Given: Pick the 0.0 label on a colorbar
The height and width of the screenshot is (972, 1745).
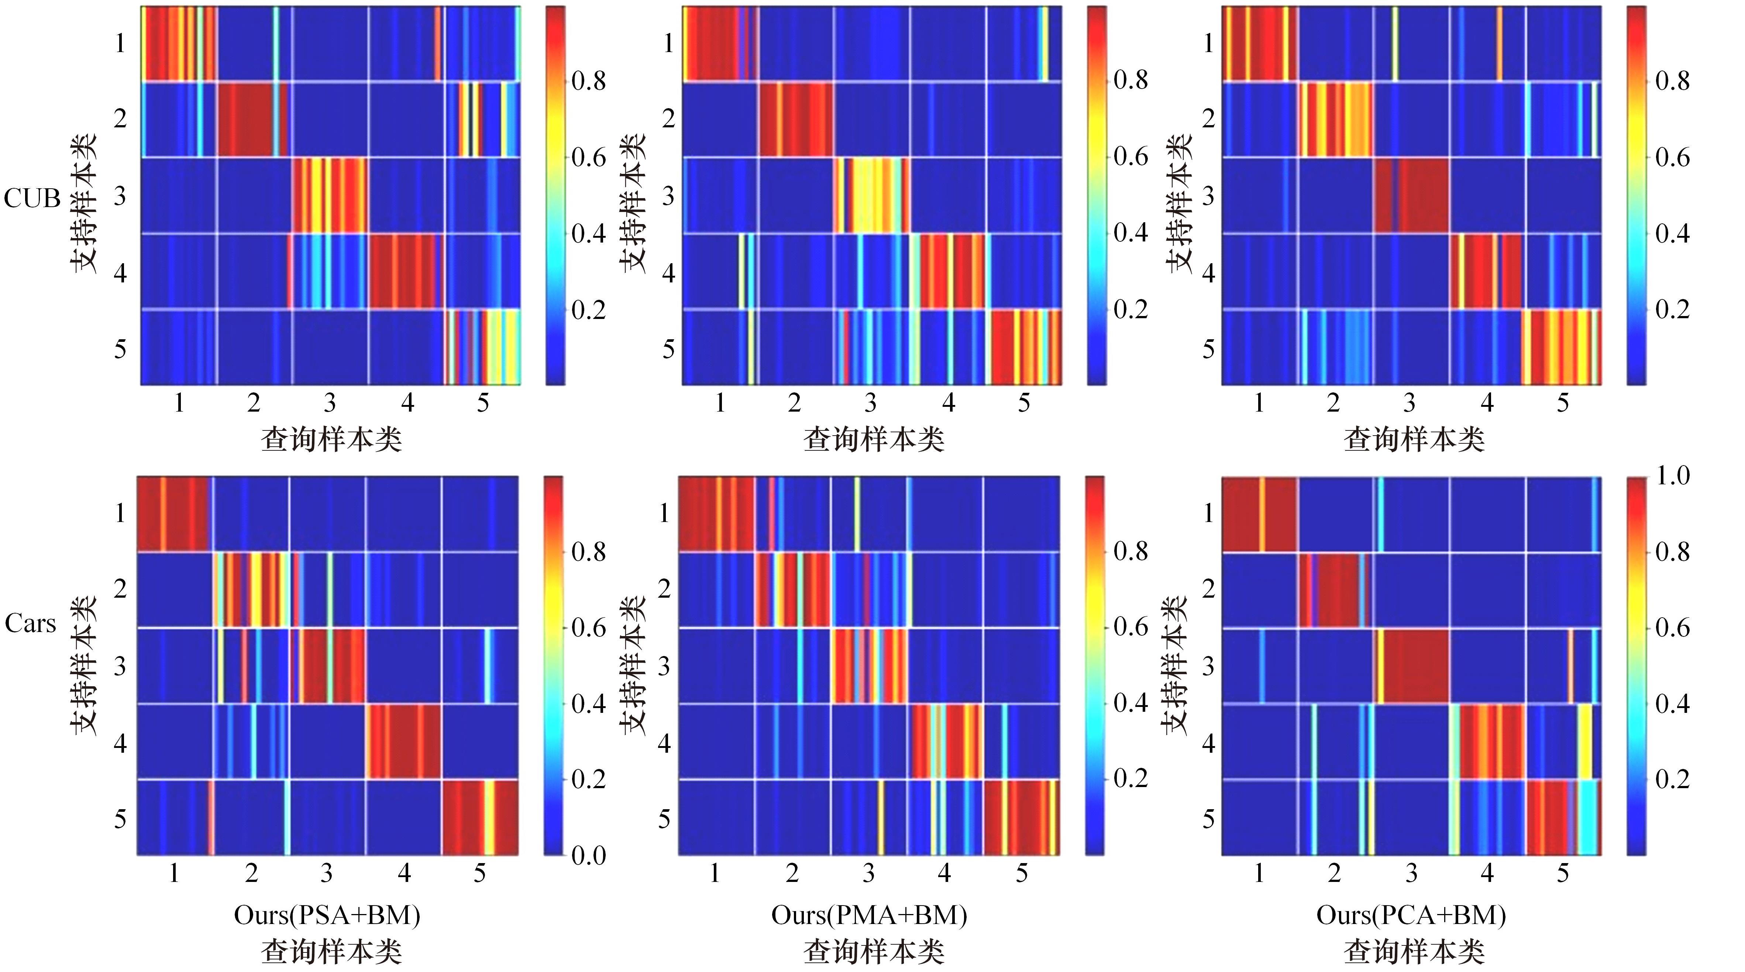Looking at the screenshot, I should (588, 855).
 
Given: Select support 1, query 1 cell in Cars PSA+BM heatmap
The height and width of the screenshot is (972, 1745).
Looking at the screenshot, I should (175, 514).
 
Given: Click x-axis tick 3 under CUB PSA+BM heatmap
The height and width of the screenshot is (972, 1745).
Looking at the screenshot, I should (329, 403).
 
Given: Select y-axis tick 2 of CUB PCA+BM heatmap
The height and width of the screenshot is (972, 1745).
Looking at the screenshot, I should (1208, 119).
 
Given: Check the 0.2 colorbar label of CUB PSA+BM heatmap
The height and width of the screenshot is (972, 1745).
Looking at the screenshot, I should (588, 310).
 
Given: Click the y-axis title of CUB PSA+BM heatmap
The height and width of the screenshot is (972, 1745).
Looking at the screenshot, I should (84, 203).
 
